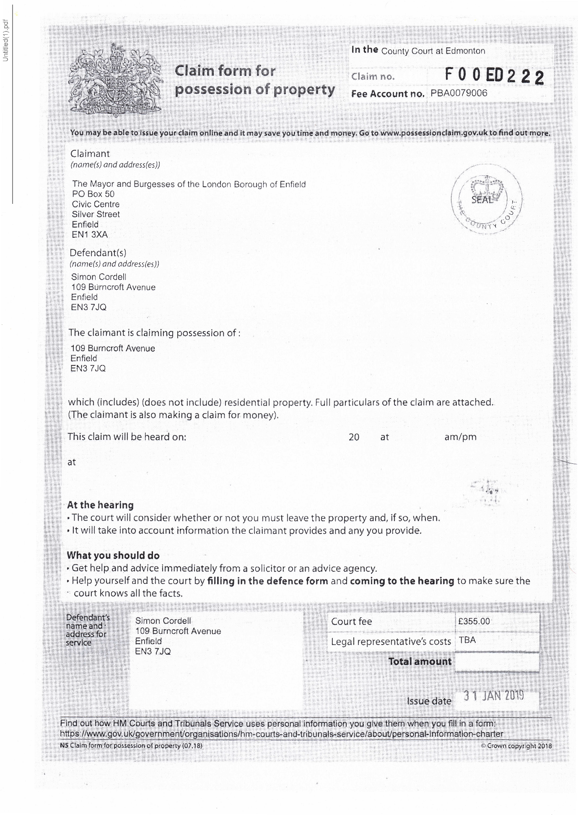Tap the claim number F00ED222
(494, 76)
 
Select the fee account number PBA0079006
(459, 93)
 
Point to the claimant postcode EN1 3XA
(90, 234)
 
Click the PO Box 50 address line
(93, 194)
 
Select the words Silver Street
(96, 214)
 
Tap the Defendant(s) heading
(98, 253)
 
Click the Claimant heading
(90, 154)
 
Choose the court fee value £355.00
(474, 621)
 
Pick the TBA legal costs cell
(467, 640)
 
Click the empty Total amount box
(497, 662)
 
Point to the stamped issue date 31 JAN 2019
(494, 696)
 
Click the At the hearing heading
(100, 505)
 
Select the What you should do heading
(113, 555)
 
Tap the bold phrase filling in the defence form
(267, 581)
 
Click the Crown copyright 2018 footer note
(516, 746)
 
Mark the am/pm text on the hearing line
(460, 437)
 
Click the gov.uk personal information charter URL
(281, 734)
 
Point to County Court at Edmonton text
(433, 51)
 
